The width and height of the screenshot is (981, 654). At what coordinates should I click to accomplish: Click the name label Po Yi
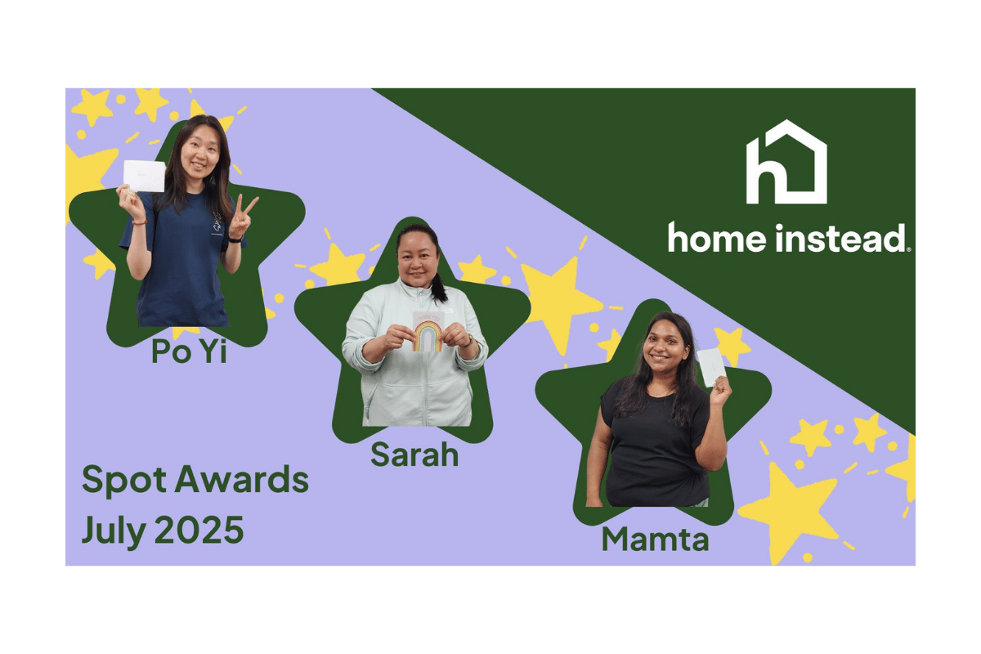189,351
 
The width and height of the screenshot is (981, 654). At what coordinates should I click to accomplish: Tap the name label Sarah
414,454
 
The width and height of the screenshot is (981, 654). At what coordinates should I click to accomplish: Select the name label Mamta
655,539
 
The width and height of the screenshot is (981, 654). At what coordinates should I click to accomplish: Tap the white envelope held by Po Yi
144,176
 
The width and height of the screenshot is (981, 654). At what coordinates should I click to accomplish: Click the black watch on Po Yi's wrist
234,240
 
